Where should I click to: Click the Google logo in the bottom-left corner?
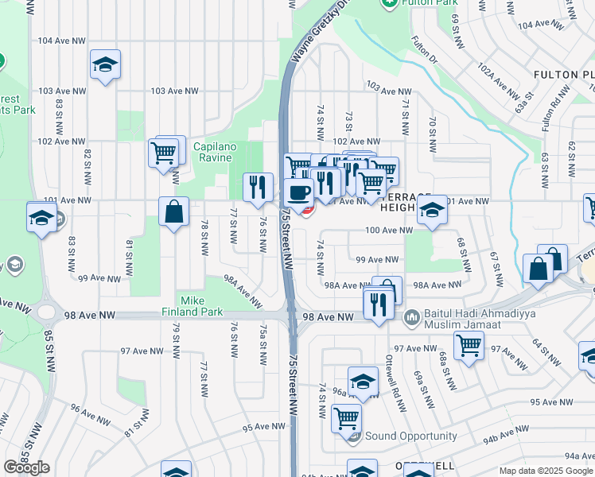coord(26,467)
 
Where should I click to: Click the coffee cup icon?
coord(299,192)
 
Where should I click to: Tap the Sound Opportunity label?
coord(410,436)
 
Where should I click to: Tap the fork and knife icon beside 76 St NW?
coord(257,187)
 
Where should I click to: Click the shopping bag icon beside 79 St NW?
coord(173,212)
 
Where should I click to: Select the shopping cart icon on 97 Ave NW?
coord(469,345)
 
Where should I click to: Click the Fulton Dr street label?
coord(424,50)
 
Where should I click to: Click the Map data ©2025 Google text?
coord(545,471)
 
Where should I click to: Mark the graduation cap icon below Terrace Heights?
coord(432,211)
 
